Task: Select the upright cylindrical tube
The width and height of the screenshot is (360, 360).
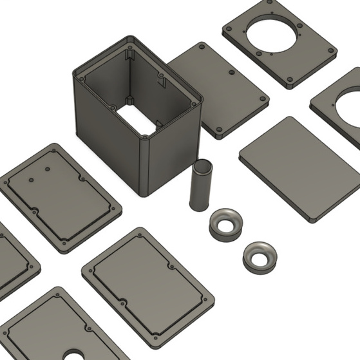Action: pos(200,186)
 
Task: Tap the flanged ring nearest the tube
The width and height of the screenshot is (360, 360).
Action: pos(226,223)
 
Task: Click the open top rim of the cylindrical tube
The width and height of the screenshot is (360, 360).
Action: pos(202,166)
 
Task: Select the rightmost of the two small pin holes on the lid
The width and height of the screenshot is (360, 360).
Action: pos(47,169)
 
